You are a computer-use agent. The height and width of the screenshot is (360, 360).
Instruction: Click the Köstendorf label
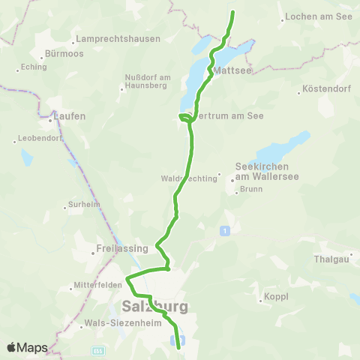pos(325,91)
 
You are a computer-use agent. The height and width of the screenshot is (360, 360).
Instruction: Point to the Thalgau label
pos(331,259)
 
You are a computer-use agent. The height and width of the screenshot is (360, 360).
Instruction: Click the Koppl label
pos(275,298)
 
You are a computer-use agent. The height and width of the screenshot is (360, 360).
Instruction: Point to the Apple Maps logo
pos(26,347)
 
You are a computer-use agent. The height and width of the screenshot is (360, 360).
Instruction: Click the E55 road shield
pos(97,350)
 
